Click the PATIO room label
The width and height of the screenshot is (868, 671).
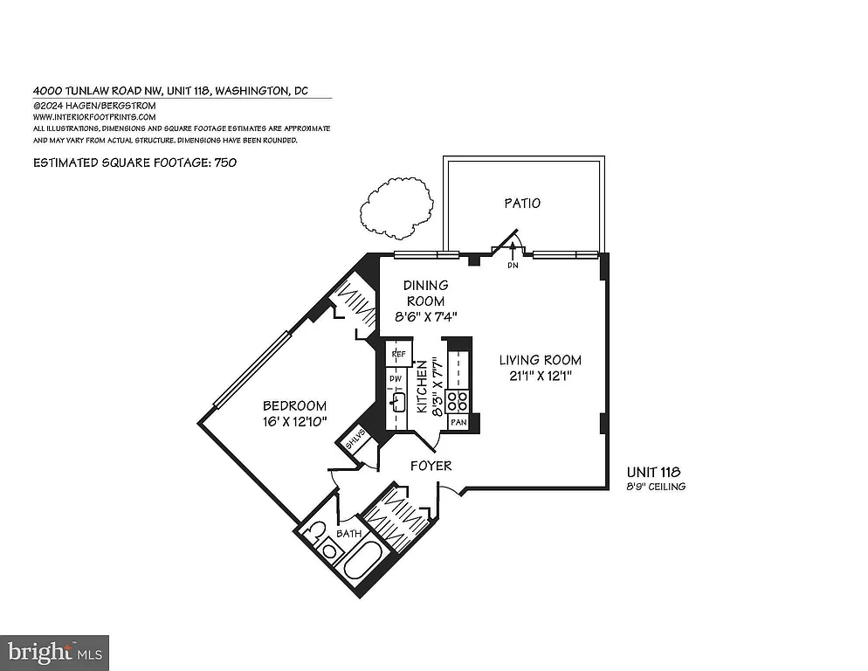click(x=522, y=203)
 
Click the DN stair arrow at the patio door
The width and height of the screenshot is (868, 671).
click(x=513, y=253)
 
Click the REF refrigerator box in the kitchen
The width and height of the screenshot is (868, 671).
click(x=399, y=354)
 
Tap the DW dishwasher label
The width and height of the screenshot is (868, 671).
click(x=395, y=378)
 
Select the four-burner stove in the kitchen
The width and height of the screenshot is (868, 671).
click(x=458, y=401)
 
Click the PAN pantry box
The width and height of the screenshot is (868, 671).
click(x=458, y=423)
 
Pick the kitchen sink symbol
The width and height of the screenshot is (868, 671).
click(x=398, y=401)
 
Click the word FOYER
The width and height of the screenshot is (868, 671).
click(x=431, y=466)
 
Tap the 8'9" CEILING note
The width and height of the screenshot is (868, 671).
click(x=655, y=487)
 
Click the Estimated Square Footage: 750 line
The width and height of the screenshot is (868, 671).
click(x=135, y=163)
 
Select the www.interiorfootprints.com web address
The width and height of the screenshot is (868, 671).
click(x=94, y=116)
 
